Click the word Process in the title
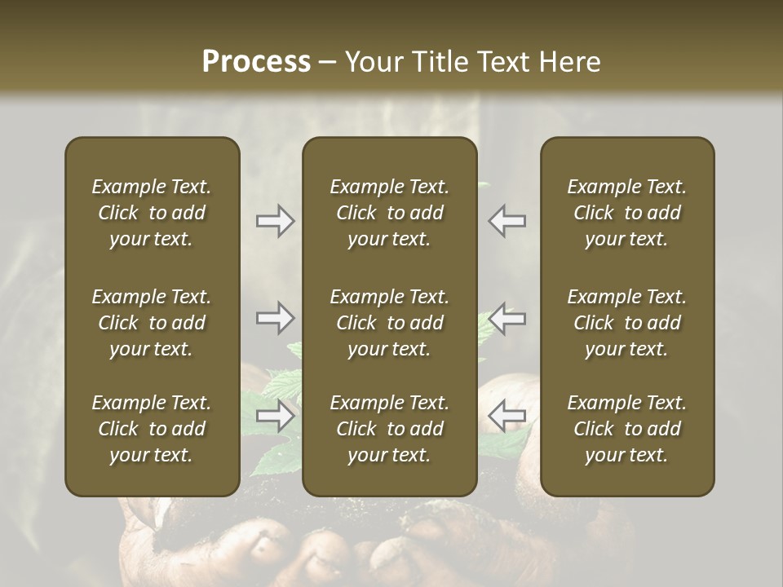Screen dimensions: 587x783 pyautogui.click(x=256, y=62)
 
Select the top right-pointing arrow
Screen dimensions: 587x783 pyautogui.click(x=275, y=221)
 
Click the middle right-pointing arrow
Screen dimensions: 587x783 pyautogui.click(x=275, y=318)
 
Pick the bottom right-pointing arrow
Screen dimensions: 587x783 pyautogui.click(x=275, y=416)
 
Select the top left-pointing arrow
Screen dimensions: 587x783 pyautogui.click(x=507, y=221)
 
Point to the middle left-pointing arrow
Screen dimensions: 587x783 pyautogui.click(x=507, y=318)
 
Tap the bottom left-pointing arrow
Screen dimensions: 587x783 pyautogui.click(x=507, y=416)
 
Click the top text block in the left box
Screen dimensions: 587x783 pyautogui.click(x=152, y=213)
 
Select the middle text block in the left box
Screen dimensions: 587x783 pyautogui.click(x=152, y=323)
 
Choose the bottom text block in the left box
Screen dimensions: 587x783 pyautogui.click(x=152, y=429)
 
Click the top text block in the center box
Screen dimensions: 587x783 pyautogui.click(x=389, y=213)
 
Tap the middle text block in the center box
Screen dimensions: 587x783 pyautogui.click(x=389, y=323)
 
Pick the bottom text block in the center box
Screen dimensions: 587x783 pyautogui.click(x=389, y=429)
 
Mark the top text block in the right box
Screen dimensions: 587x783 pyautogui.click(x=626, y=213)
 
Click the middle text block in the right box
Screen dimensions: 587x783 pyautogui.click(x=626, y=323)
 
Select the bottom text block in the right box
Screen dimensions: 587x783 pyautogui.click(x=626, y=429)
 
